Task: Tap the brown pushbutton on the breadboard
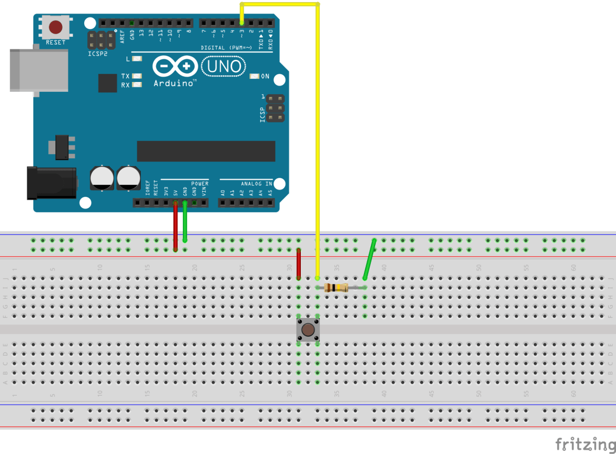[x=308, y=330]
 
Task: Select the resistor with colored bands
[x=336, y=287]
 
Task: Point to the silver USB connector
[x=38, y=71]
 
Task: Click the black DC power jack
[x=51, y=183]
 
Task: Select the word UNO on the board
[x=223, y=66]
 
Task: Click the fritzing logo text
[x=585, y=443]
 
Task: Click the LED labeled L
[x=137, y=59]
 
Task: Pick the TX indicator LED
[x=137, y=76]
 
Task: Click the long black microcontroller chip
[x=206, y=151]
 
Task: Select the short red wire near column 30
[x=298, y=264]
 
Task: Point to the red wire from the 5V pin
[x=176, y=225]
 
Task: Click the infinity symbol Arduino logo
[x=175, y=67]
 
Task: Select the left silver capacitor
[x=102, y=177]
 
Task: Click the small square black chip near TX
[x=108, y=83]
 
